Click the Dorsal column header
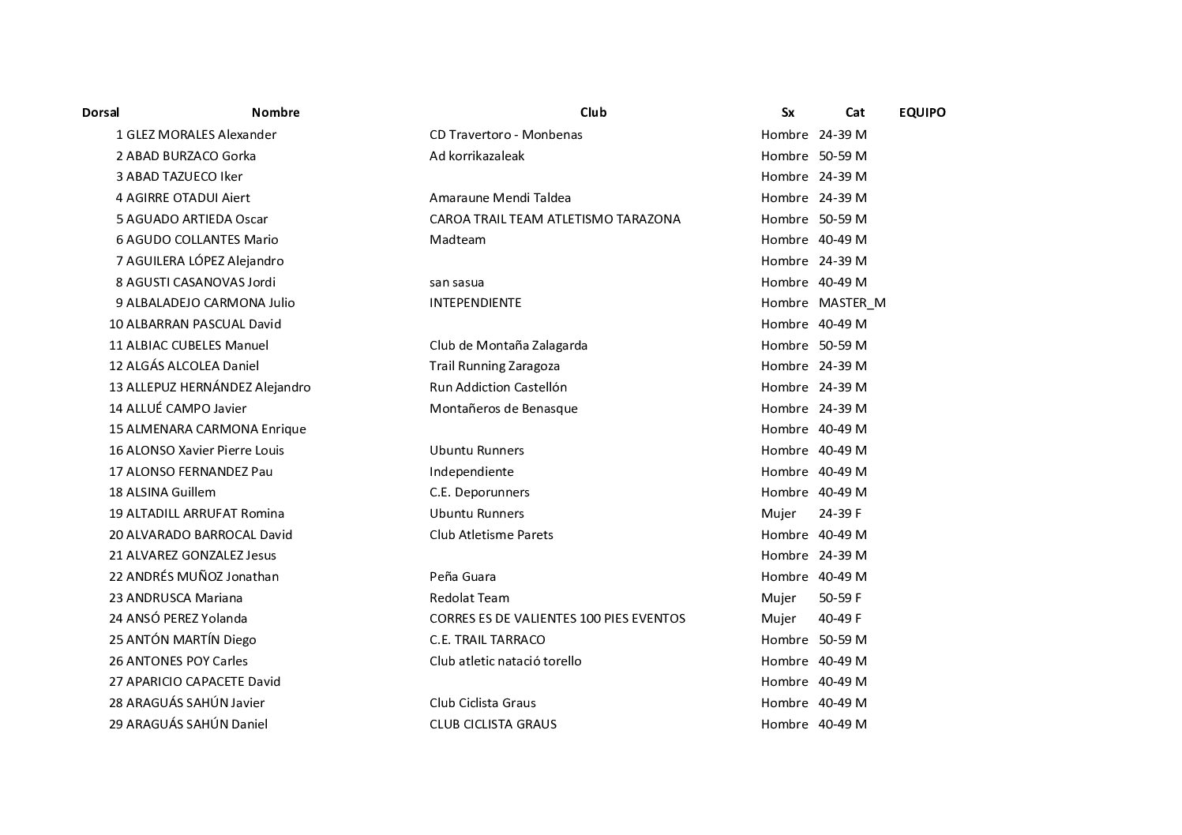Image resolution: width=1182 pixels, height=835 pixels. click(x=100, y=112)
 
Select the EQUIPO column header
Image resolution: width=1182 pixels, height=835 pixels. click(x=921, y=112)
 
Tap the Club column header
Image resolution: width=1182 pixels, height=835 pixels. click(x=593, y=112)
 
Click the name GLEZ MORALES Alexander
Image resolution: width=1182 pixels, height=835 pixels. click(x=201, y=134)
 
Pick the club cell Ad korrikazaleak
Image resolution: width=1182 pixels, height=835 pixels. click(x=476, y=155)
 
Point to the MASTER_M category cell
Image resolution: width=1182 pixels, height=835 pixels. click(x=852, y=302)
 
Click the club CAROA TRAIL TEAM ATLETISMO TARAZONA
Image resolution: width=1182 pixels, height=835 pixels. click(x=554, y=219)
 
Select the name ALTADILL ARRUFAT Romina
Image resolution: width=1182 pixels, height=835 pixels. click(x=205, y=513)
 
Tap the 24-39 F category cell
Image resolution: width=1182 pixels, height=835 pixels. click(x=839, y=513)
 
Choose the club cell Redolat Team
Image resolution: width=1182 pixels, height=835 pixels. click(x=469, y=597)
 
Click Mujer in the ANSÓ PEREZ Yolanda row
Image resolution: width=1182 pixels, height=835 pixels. click(x=779, y=618)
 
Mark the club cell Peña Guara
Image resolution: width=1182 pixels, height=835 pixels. click(x=463, y=576)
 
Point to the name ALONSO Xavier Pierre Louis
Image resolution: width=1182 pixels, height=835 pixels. click(x=205, y=450)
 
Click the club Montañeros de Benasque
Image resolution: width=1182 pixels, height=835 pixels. click(x=503, y=408)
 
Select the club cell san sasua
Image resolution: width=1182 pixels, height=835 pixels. click(x=456, y=282)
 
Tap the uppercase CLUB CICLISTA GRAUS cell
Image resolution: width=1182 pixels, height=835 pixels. click(x=493, y=724)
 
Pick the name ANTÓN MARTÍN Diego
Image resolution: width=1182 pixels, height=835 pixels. click(x=191, y=639)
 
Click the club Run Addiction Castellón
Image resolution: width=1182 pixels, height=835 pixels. click(x=497, y=387)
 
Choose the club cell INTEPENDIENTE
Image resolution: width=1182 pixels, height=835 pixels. click(x=475, y=302)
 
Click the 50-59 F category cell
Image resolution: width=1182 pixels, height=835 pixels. click(x=839, y=597)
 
